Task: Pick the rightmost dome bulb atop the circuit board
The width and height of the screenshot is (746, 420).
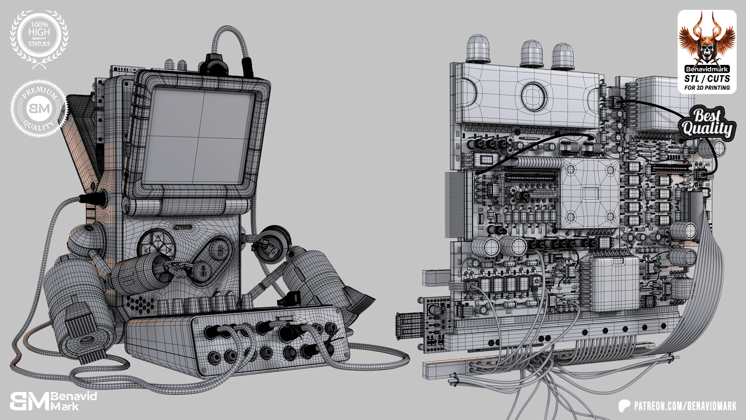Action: pyautogui.click(x=562, y=56)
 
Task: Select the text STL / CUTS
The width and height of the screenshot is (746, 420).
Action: pyautogui.click(x=707, y=79)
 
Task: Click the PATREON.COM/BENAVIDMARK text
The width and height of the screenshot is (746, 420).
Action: pyautogui.click(x=685, y=406)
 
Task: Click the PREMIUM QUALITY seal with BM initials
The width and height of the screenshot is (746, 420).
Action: pyautogui.click(x=39, y=108)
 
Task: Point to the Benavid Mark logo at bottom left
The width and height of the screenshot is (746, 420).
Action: pyautogui.click(x=54, y=401)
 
